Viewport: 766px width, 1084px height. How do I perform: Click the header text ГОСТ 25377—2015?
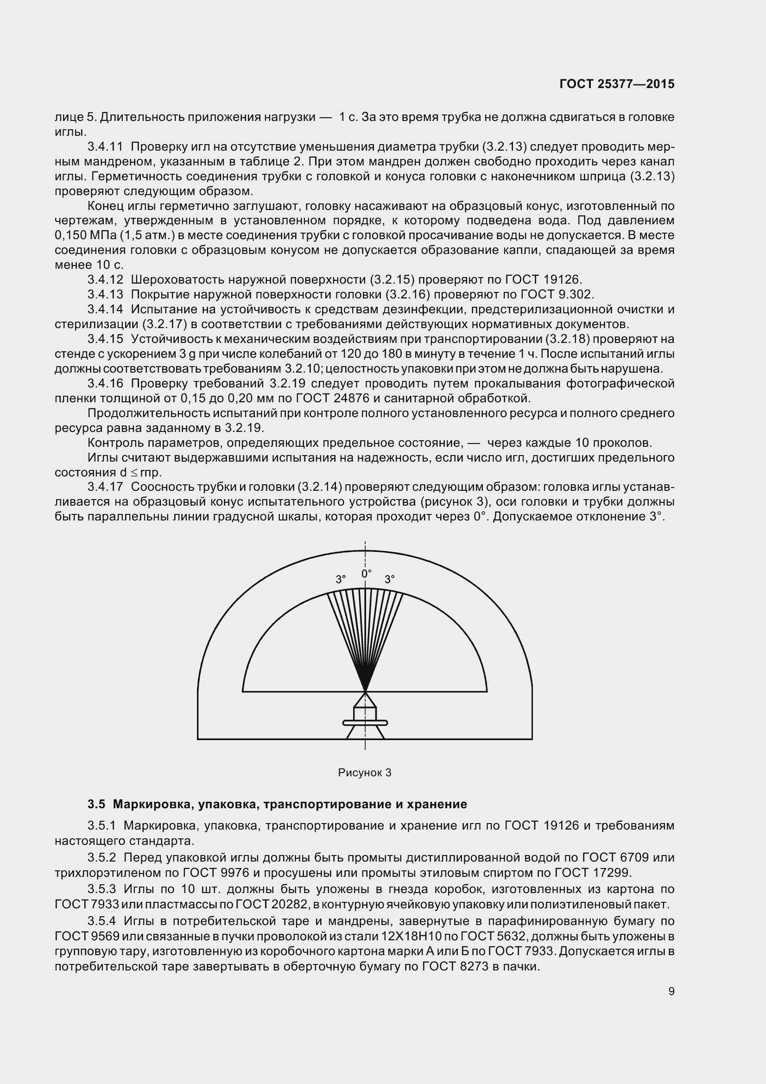(617, 84)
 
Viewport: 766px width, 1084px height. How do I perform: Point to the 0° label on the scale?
(366, 574)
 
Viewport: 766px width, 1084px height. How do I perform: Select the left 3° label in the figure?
(341, 579)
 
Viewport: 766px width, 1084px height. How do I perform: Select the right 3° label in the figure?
(389, 579)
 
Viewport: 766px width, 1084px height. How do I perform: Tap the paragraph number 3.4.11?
(105, 147)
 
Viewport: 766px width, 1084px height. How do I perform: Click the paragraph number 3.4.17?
(105, 487)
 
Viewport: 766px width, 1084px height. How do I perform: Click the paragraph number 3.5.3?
(101, 889)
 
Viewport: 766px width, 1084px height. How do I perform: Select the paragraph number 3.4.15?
(105, 339)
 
